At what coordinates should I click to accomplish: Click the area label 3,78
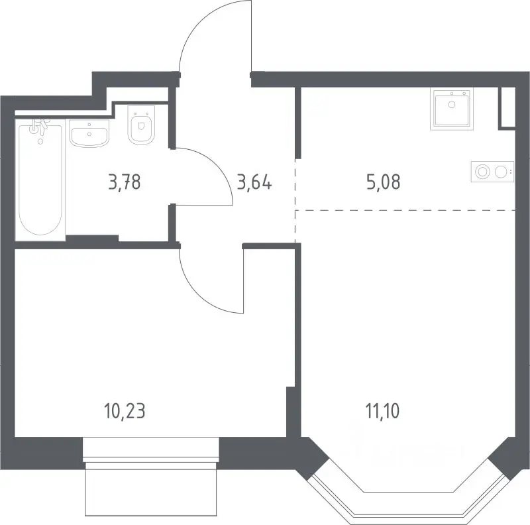125,182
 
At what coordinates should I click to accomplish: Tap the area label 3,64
254,182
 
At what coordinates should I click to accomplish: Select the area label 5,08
384,182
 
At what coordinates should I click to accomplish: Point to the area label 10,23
125,412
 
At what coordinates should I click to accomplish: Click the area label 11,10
382,412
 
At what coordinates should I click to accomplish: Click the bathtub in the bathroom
40,179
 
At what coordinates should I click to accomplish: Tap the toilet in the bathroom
141,125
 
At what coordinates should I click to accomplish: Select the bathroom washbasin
89,133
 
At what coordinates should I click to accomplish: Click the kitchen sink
452,109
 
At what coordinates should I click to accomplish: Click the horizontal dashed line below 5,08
405,210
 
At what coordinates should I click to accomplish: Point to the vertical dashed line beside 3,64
295,202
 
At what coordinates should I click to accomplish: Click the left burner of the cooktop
482,172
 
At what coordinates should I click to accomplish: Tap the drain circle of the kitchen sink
452,105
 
